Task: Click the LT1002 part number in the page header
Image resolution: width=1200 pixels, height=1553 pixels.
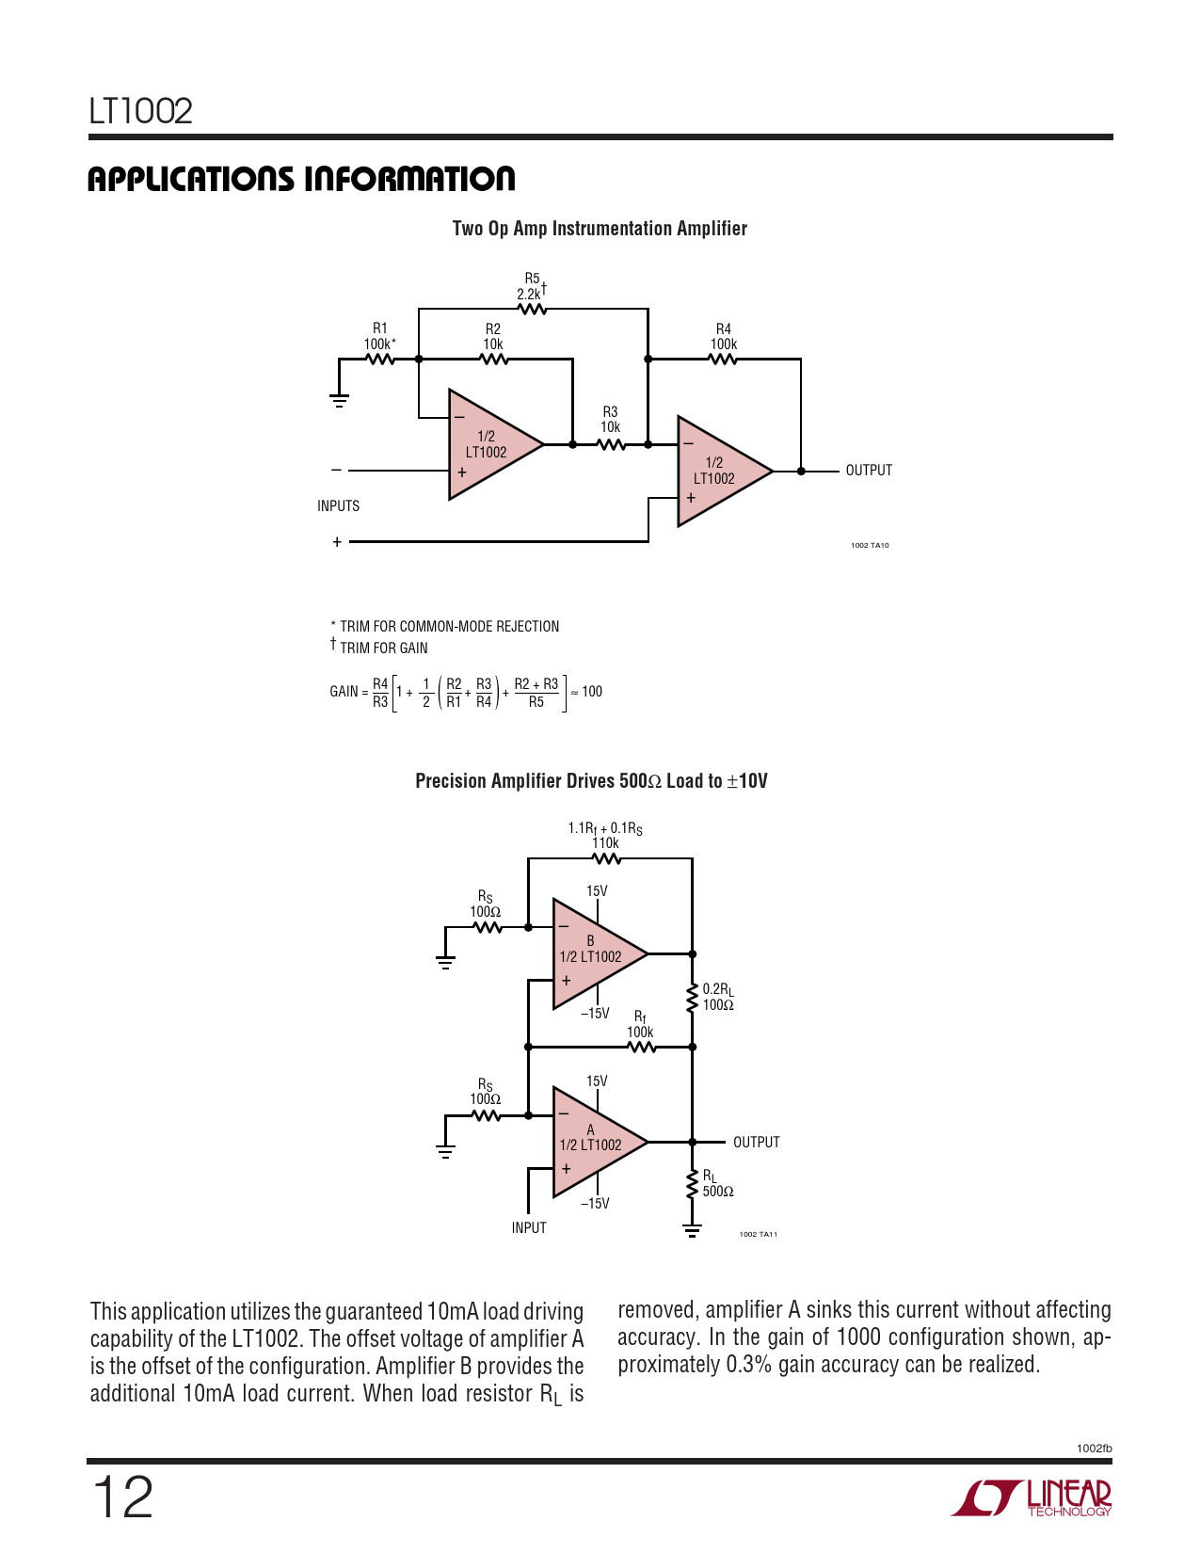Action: pyautogui.click(x=141, y=111)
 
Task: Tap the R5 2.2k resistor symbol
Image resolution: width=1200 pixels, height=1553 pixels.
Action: pyautogui.click(x=532, y=309)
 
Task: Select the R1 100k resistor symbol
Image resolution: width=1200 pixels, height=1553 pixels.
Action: pyautogui.click(x=379, y=359)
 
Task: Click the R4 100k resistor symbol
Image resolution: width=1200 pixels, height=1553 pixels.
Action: pyautogui.click(x=723, y=359)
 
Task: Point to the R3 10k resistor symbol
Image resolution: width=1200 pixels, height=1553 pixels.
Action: pyautogui.click(x=611, y=444)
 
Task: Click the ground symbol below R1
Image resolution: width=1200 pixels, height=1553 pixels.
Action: pyautogui.click(x=339, y=400)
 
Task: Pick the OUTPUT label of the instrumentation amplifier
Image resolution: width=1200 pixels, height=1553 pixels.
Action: pyautogui.click(x=868, y=471)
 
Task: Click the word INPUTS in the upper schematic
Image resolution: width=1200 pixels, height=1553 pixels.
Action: pyautogui.click(x=338, y=506)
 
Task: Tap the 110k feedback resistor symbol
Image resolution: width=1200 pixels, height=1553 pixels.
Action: pyautogui.click(x=607, y=858)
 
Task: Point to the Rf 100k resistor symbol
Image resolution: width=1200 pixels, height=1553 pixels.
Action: pyautogui.click(x=641, y=1047)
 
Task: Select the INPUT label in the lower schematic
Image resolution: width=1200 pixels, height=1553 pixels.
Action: pyautogui.click(x=529, y=1228)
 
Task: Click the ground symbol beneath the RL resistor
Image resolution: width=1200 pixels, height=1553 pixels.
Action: pyautogui.click(x=693, y=1229)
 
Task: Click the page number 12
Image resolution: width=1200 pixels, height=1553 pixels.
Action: pyautogui.click(x=122, y=1497)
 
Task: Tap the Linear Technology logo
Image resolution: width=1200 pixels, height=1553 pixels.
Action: pyautogui.click(x=1031, y=1497)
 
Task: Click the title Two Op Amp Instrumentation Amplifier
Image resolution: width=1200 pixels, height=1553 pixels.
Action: pyautogui.click(x=600, y=229)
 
